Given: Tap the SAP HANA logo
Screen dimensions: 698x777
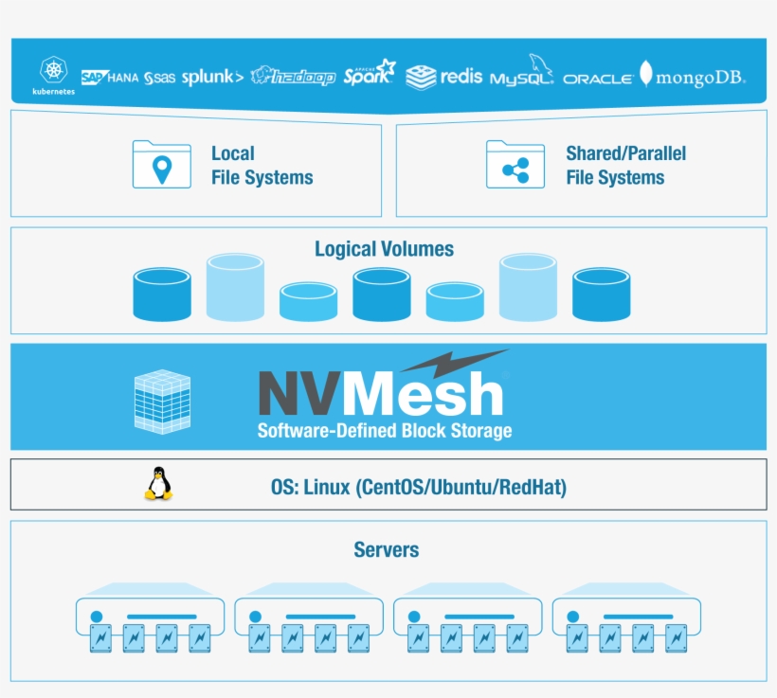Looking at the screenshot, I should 110,78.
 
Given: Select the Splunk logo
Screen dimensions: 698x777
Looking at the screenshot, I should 212,77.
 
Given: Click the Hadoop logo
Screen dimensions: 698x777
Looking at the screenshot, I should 294,77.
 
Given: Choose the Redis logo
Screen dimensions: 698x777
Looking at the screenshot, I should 443,77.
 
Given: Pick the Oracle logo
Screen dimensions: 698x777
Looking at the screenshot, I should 597,80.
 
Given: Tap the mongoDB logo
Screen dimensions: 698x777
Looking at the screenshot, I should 693,77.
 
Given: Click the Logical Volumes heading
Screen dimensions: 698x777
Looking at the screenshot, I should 384,249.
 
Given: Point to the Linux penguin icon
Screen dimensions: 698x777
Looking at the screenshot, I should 159,484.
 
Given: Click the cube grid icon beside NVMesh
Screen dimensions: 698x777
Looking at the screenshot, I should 162,402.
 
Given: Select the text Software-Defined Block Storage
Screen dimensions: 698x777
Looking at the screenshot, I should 384,431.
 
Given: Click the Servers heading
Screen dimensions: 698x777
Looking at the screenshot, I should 386,549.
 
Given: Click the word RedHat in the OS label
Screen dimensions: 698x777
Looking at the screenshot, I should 534,488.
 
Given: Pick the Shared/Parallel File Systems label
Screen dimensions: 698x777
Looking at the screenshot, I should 625,165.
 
